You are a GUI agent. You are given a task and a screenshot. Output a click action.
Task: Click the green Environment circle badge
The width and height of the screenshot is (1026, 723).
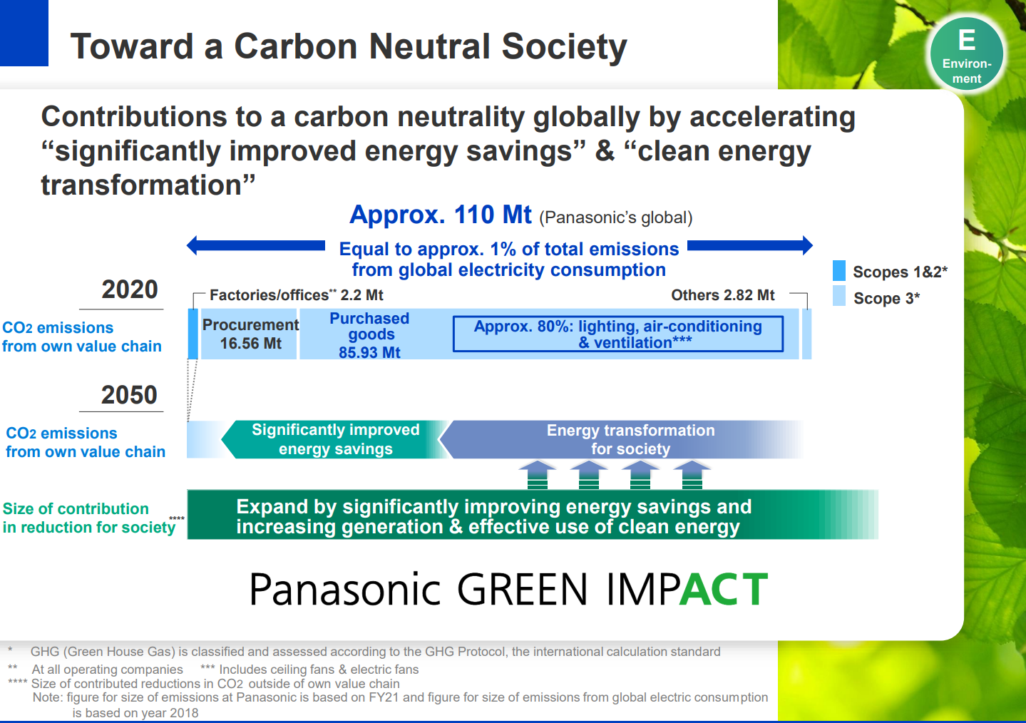[966, 54]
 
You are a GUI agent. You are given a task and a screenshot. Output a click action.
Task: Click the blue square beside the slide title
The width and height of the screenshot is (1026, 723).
[24, 33]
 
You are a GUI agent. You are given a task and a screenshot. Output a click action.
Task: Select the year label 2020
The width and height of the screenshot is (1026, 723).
[130, 289]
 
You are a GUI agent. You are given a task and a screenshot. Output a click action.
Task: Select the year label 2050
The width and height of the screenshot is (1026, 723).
[129, 394]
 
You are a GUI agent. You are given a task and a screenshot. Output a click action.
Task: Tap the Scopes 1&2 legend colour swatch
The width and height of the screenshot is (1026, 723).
[838, 270]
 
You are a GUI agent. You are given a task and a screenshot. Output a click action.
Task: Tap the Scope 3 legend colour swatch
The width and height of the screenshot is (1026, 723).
[838, 295]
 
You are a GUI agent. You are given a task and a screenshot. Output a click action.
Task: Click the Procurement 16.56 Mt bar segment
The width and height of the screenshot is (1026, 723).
[249, 334]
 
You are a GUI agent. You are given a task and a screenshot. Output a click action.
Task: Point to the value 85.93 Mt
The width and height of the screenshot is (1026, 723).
[369, 352]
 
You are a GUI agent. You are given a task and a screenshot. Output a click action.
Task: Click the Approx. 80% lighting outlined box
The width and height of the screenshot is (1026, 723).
[618, 334]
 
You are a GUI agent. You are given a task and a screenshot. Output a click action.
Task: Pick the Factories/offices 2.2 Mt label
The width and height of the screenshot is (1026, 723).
[297, 295]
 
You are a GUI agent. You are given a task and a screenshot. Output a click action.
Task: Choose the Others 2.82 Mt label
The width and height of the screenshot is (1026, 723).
[723, 295]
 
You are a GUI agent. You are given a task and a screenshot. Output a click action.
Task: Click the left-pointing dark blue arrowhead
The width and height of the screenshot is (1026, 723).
[192, 245]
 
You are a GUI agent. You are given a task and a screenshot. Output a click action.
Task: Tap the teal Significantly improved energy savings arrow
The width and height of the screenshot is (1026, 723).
[334, 439]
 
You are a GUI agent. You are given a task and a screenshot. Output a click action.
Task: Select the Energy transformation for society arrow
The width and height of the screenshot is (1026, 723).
[620, 439]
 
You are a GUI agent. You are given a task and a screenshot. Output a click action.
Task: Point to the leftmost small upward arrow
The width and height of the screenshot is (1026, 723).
[538, 475]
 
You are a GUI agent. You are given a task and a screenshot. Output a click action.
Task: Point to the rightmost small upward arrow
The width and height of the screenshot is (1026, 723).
[692, 475]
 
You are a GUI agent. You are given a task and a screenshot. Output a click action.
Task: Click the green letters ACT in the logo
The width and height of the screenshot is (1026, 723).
[724, 589]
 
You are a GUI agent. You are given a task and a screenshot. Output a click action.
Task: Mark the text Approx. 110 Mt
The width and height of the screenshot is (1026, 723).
[440, 215]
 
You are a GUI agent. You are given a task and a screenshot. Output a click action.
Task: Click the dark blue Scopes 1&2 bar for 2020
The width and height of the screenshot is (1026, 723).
[193, 334]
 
